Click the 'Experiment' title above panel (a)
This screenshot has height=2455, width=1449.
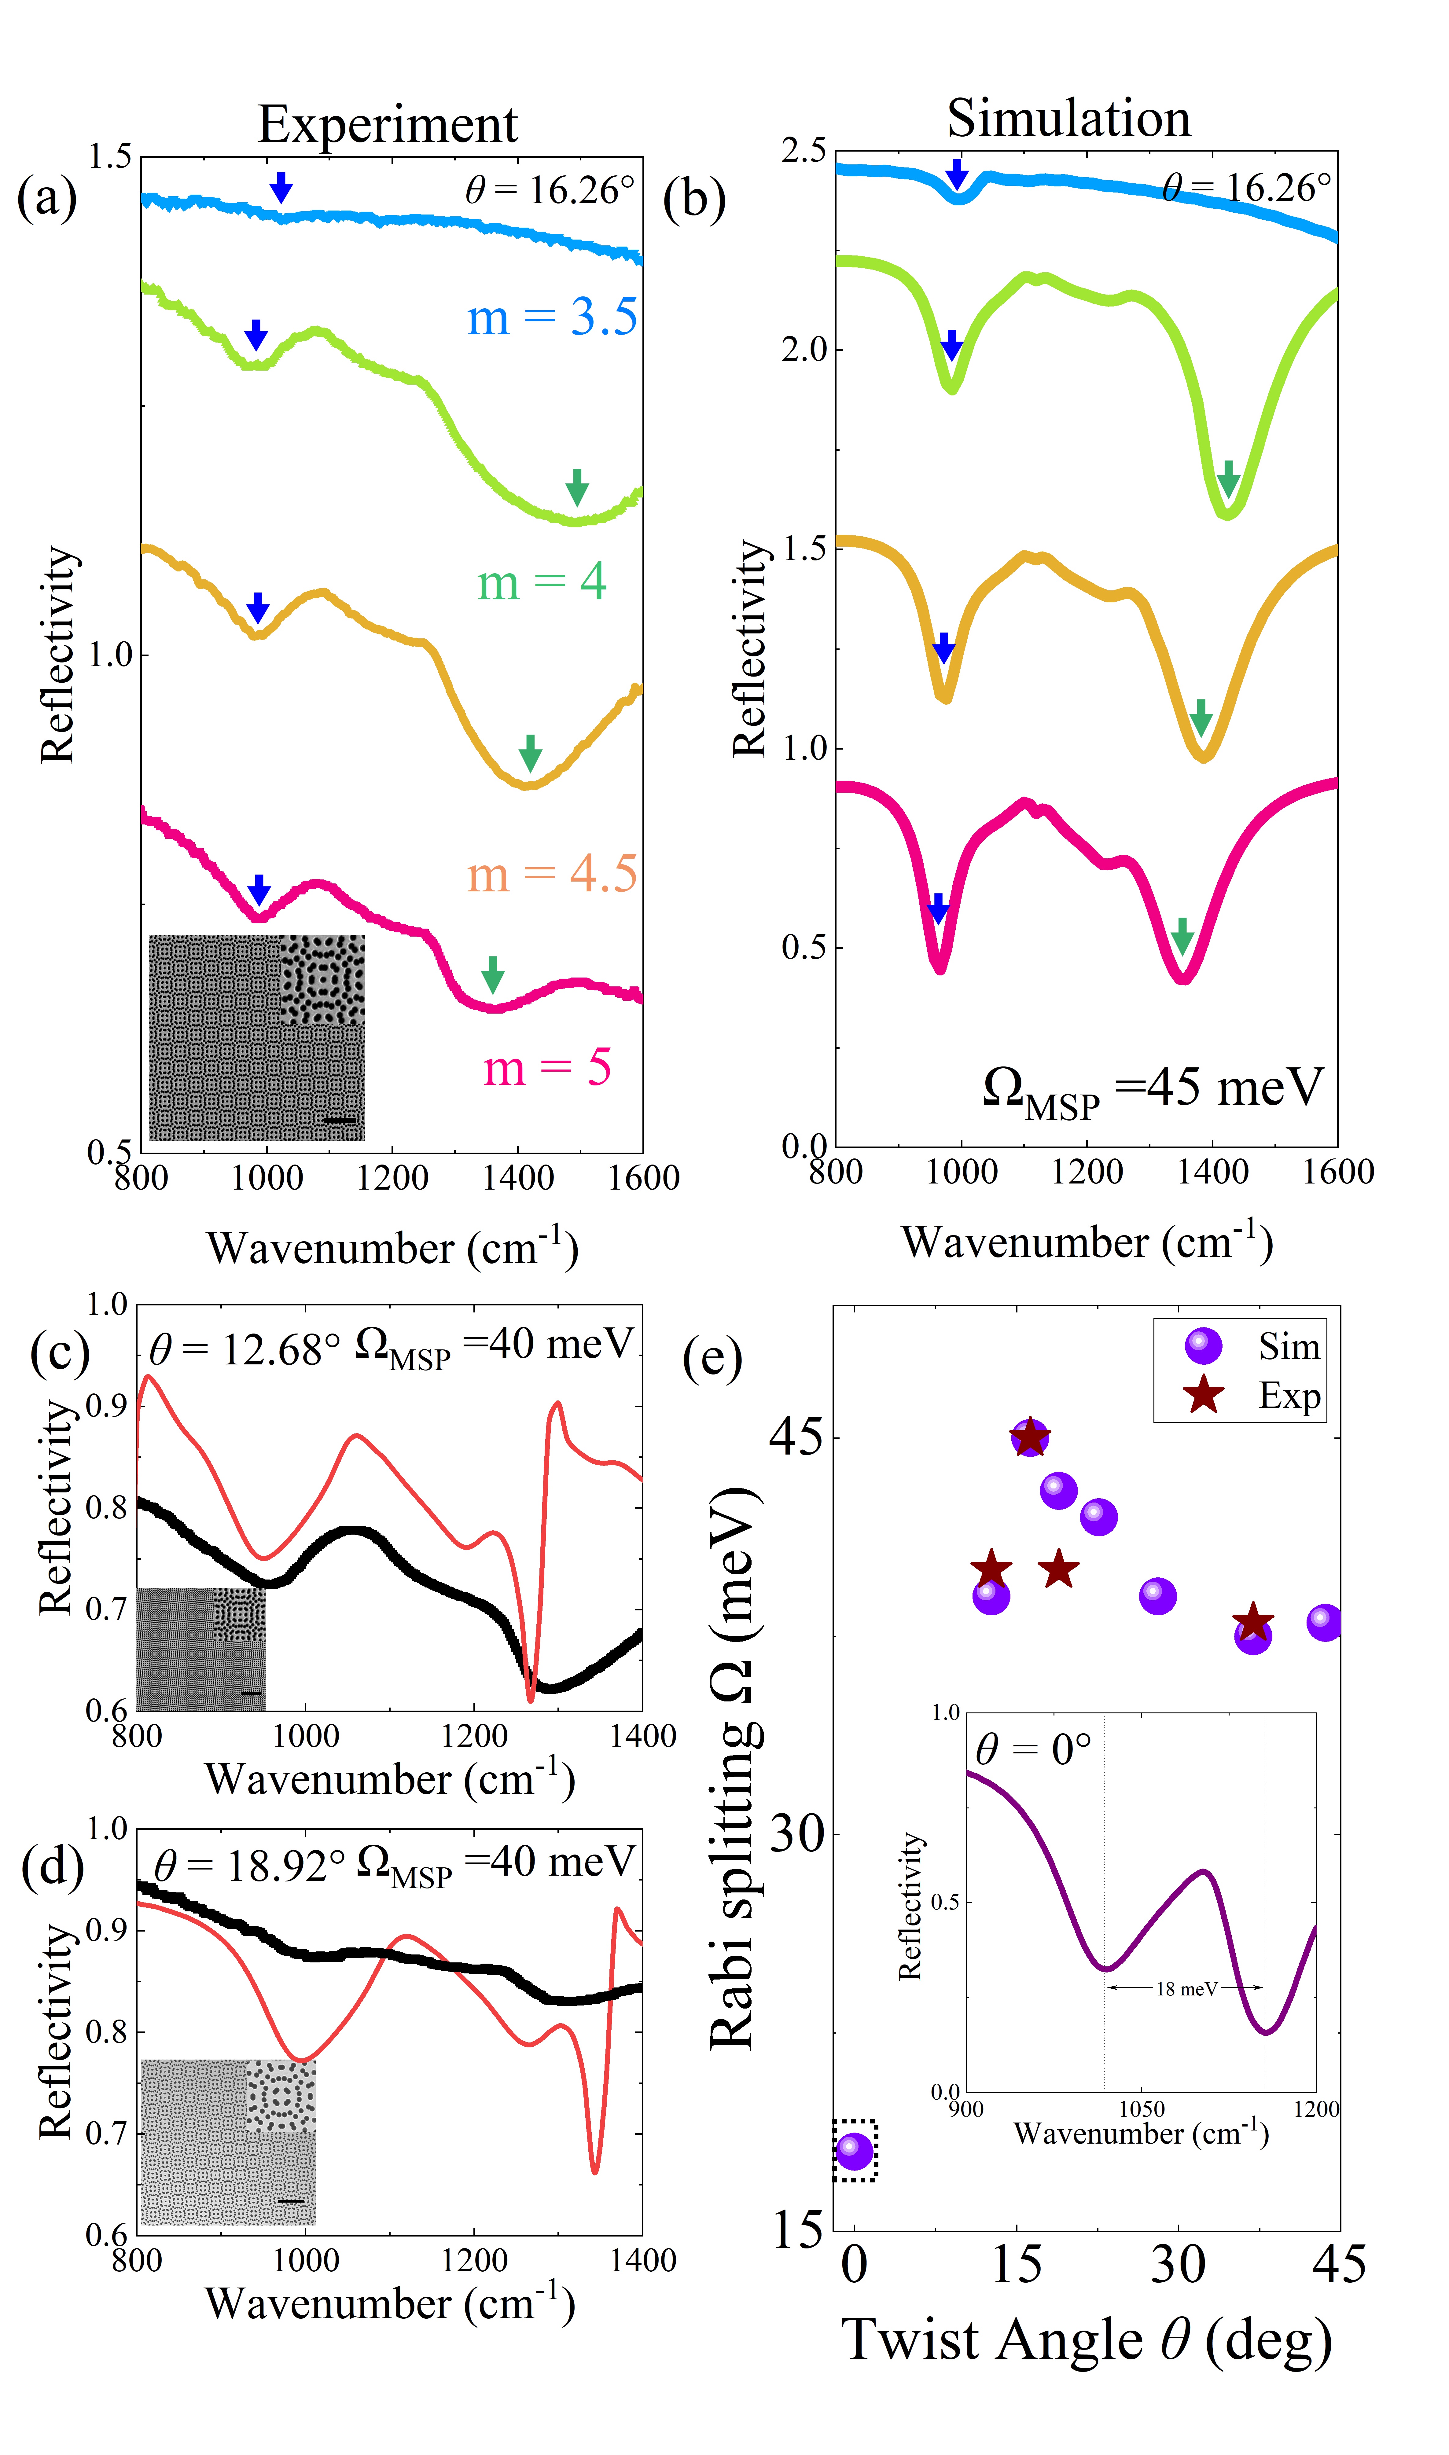coord(388,125)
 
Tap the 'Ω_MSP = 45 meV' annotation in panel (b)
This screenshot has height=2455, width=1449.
coord(1152,1090)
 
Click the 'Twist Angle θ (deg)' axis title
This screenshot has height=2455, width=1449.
coord(1087,2340)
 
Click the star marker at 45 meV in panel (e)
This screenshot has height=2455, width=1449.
coord(1030,1438)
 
